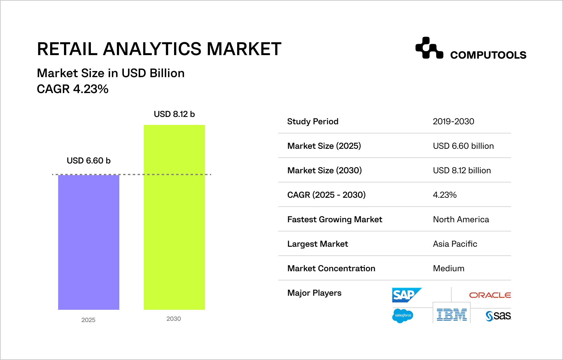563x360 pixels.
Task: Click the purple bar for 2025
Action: [89, 242]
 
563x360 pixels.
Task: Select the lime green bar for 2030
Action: [174, 217]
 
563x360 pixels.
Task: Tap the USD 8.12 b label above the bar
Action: [174, 114]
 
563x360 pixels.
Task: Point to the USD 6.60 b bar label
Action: [88, 161]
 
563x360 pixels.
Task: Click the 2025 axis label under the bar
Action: [88, 320]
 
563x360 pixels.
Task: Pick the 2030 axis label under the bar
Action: [173, 319]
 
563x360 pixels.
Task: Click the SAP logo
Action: [406, 295]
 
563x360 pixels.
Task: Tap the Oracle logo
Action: [490, 295]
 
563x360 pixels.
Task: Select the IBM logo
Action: [452, 315]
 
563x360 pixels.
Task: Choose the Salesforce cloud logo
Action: [403, 316]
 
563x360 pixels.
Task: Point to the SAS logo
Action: [498, 316]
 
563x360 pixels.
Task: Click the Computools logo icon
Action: [429, 48]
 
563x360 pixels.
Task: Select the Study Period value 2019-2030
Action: [453, 122]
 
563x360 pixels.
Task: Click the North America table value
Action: [461, 219]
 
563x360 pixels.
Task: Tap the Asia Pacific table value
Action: [455, 244]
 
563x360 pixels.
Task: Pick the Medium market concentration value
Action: [449, 268]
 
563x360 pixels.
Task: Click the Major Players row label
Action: [314, 293]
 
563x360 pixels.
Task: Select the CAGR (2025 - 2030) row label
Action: [326, 195]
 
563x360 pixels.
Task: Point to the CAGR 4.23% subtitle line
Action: [73, 89]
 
